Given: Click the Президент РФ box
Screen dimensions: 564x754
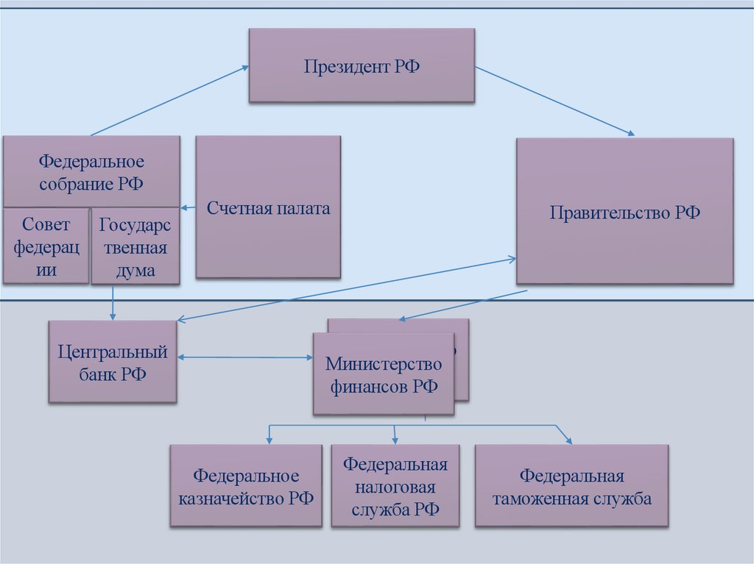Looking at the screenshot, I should point(362,65).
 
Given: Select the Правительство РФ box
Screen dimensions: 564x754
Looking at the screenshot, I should point(625,212).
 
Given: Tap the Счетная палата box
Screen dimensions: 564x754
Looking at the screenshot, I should point(268,207).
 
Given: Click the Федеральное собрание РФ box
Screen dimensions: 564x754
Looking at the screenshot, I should point(91,171).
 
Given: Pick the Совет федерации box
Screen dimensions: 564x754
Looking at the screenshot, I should point(46,246).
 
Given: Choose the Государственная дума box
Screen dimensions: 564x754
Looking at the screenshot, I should point(135,246).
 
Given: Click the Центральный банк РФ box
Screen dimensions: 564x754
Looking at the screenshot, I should point(113,361).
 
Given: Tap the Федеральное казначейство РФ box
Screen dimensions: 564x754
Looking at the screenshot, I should point(246,486).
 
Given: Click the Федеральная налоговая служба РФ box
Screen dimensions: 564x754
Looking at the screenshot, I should point(395,486).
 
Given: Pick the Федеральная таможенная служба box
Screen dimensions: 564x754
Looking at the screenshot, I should point(571,486).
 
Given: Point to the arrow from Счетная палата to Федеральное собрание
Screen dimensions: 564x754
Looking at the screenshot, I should point(188,207).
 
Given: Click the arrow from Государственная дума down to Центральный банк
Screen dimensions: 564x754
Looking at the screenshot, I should point(113,302).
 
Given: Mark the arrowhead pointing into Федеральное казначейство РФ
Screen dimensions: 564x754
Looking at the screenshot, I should point(269,439).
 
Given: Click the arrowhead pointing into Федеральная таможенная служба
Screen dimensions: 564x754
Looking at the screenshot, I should point(568,439).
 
